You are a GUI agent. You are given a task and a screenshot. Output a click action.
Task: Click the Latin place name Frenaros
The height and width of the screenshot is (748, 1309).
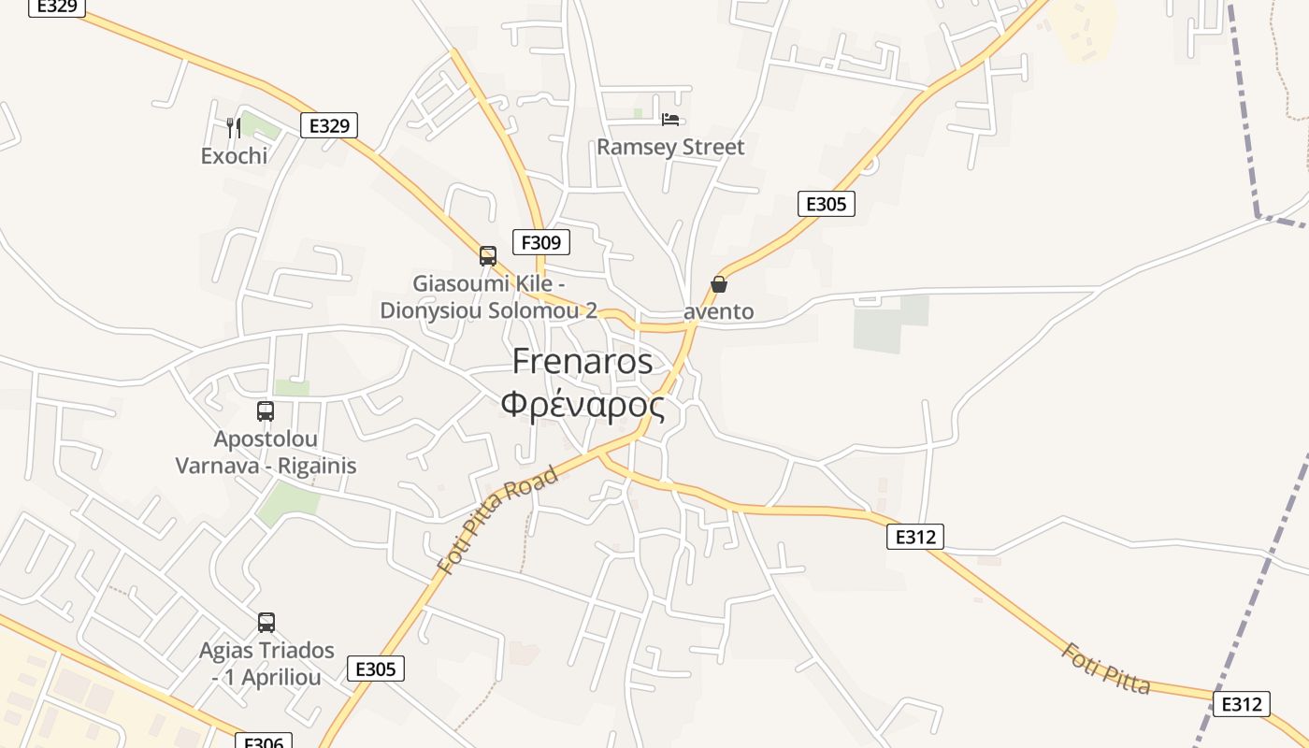(583, 362)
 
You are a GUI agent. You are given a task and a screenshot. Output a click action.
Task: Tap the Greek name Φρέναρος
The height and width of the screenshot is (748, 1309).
(583, 406)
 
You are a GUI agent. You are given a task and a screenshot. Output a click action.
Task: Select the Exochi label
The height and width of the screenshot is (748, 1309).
(234, 155)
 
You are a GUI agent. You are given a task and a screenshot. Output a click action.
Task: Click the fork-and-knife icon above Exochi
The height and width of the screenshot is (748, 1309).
(234, 127)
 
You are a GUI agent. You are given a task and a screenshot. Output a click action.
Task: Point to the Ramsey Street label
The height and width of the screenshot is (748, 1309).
(670, 147)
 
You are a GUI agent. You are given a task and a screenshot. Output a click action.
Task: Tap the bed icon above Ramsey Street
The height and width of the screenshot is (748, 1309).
(670, 119)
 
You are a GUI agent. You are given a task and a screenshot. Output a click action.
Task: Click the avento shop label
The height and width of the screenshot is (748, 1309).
(718, 311)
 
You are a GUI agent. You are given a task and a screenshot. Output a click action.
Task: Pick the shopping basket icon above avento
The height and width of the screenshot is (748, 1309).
(719, 284)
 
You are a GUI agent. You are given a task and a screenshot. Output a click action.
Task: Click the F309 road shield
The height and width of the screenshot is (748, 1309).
(540, 243)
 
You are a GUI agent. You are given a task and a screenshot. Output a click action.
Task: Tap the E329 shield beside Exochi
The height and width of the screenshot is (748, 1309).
(329, 125)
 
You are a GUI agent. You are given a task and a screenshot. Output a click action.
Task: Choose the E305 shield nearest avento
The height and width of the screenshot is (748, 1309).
(826, 204)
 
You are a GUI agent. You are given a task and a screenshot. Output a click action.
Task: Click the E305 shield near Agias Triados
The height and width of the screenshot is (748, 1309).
(376, 669)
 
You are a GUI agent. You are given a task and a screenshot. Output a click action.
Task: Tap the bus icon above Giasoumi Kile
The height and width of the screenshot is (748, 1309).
(487, 255)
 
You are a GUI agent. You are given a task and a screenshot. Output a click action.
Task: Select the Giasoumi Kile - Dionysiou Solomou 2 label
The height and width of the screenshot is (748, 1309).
(488, 296)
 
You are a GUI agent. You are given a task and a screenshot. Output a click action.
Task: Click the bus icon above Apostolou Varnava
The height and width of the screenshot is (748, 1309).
(266, 410)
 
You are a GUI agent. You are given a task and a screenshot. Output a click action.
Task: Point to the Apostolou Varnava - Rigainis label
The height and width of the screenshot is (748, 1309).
(266, 452)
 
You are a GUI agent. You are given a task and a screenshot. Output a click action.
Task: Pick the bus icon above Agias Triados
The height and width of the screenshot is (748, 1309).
(266, 623)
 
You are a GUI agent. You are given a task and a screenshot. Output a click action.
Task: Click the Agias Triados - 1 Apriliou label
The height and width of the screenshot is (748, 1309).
(266, 663)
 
